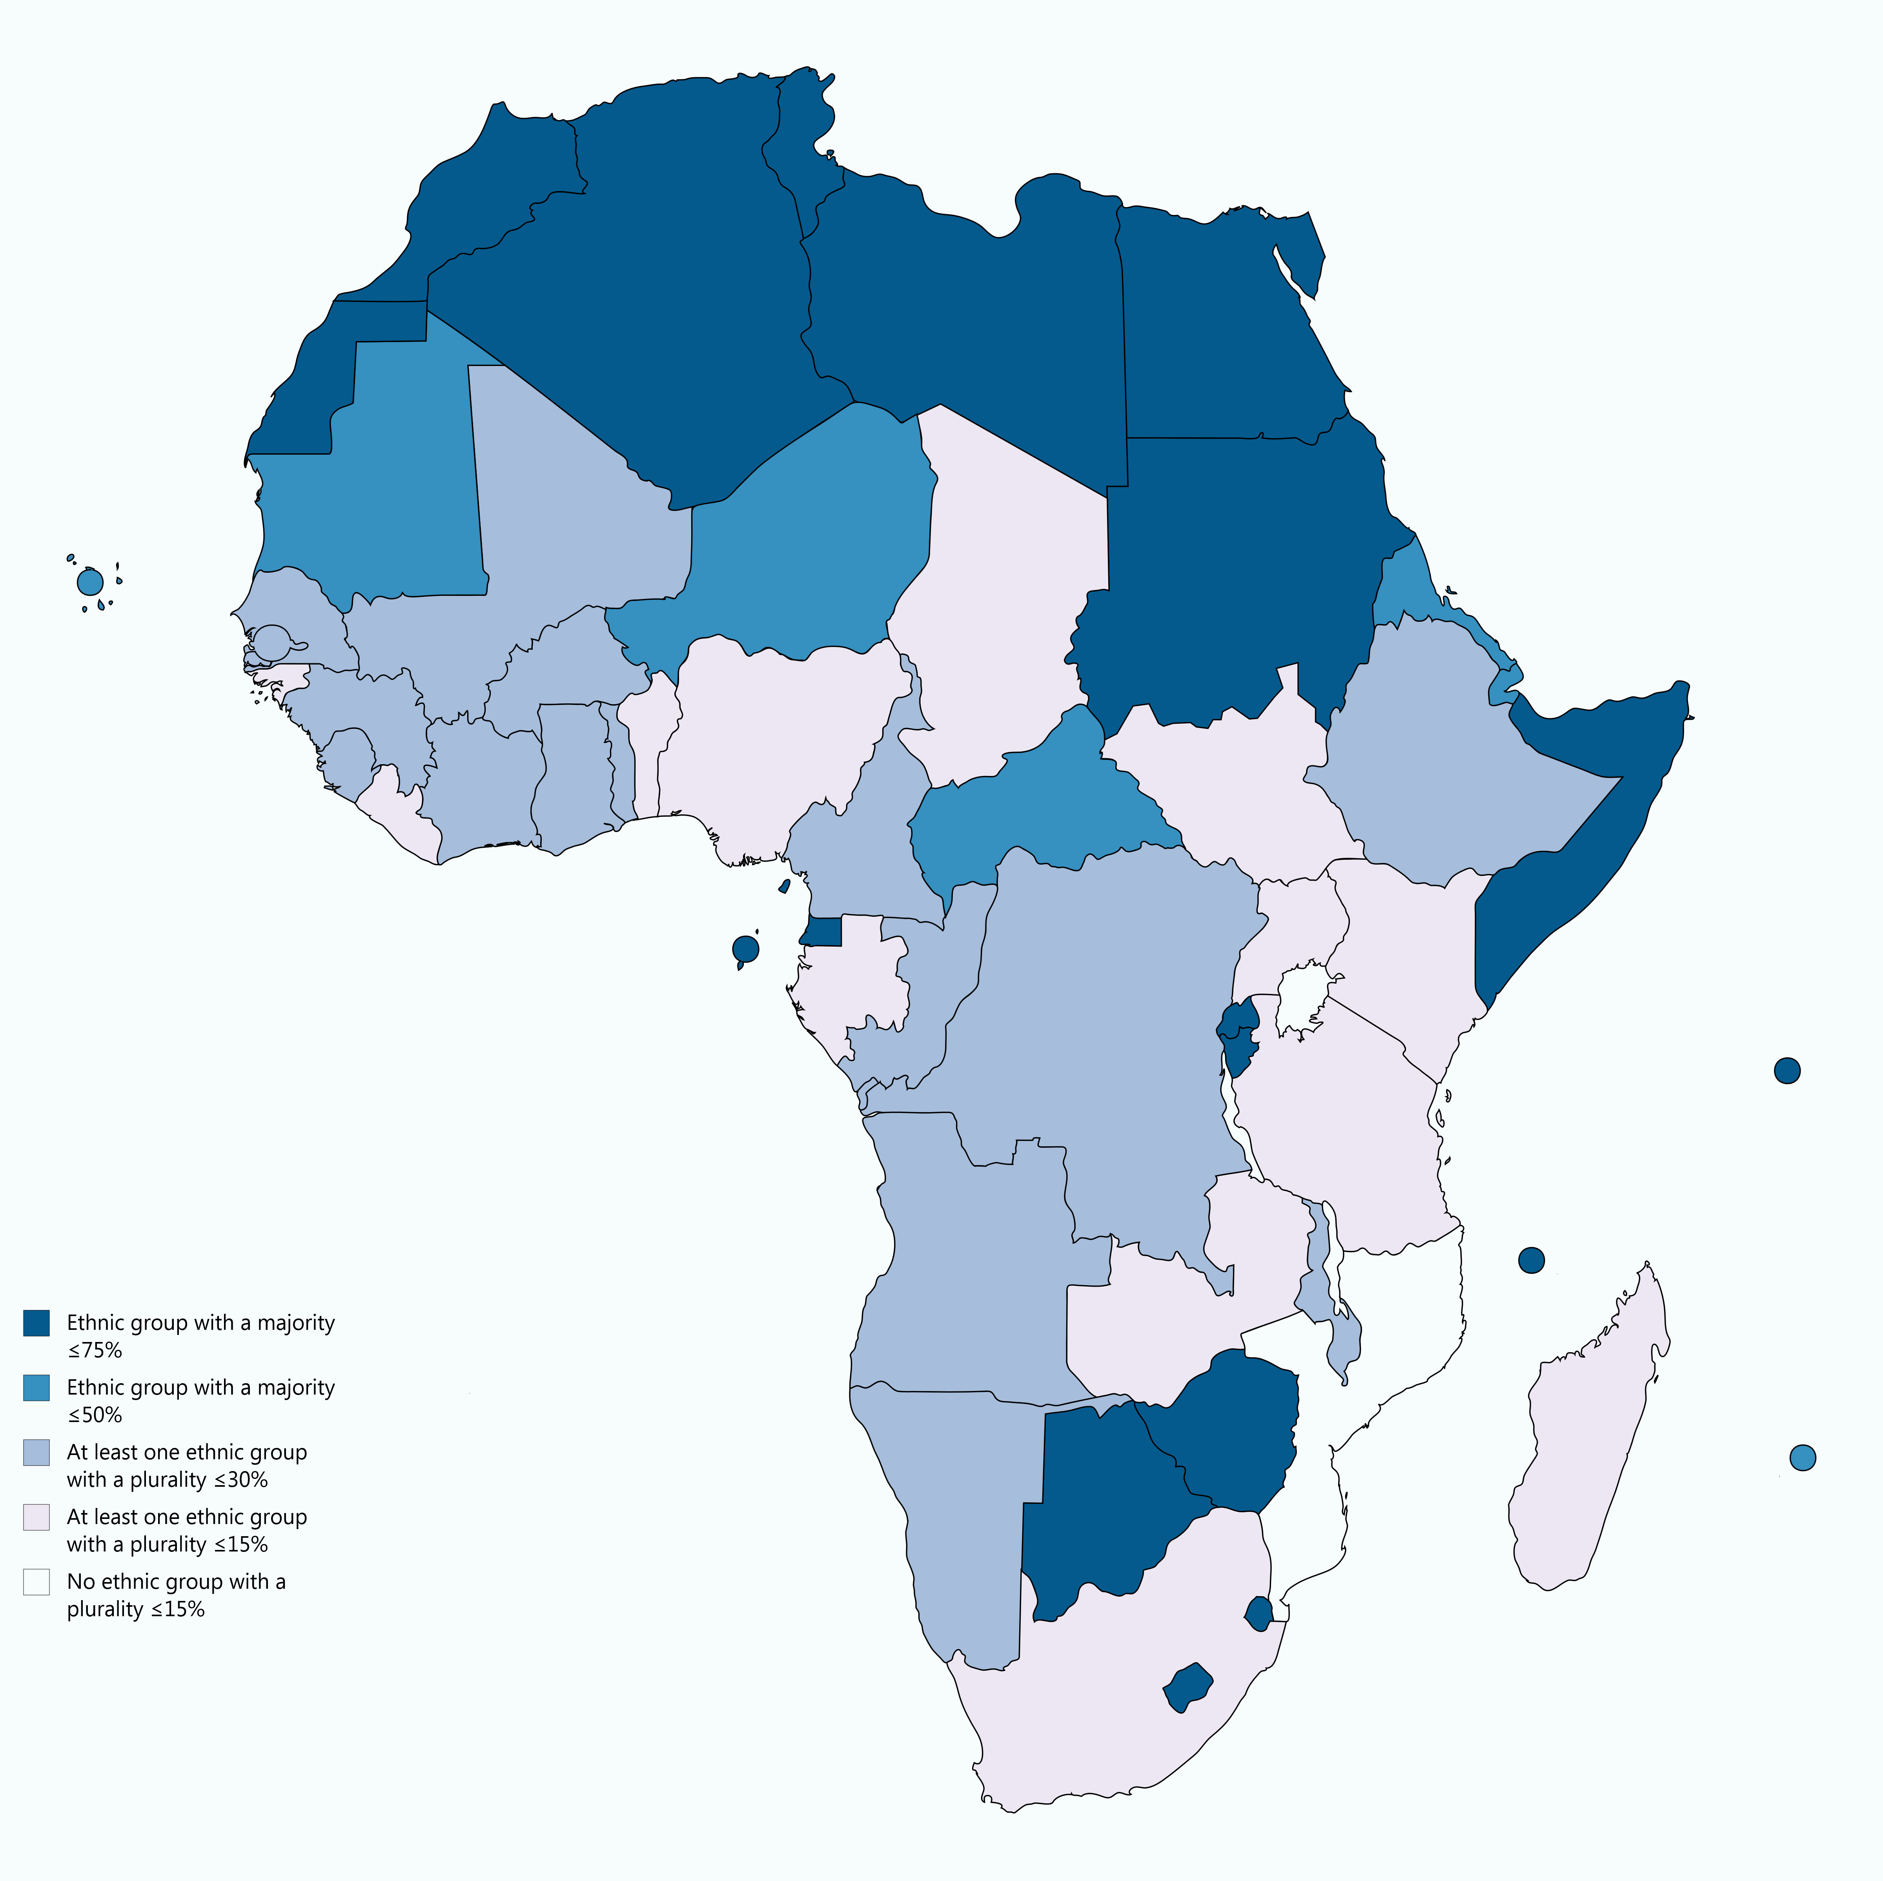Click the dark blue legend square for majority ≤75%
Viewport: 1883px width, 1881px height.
click(36, 1322)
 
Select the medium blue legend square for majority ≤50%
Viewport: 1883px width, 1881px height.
click(36, 1388)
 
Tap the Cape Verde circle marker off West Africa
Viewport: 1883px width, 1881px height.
click(90, 583)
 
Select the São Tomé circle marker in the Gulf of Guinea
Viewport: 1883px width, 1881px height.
click(745, 948)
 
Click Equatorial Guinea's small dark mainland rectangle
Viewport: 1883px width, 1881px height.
click(823, 932)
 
